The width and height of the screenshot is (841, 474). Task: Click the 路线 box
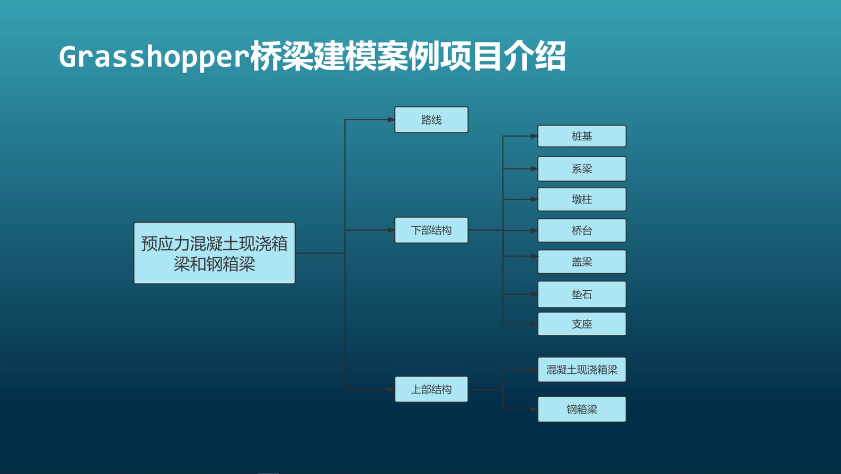[431, 120]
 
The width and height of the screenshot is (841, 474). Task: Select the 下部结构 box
[431, 230]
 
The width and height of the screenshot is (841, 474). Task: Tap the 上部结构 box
[431, 389]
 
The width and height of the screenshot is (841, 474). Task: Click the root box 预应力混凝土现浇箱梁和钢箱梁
[215, 253]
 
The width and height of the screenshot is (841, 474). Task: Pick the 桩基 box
[582, 136]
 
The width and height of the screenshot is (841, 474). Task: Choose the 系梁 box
[582, 169]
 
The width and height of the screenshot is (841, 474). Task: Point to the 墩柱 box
[582, 200]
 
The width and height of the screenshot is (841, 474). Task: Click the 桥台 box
[582, 230]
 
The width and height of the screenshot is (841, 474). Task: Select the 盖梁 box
[582, 262]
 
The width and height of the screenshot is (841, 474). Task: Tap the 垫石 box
[582, 294]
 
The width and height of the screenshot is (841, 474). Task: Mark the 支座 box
[582, 324]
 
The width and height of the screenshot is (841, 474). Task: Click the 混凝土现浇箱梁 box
[582, 370]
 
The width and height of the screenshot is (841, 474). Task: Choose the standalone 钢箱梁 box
[582, 409]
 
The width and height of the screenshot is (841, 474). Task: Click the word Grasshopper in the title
[154, 57]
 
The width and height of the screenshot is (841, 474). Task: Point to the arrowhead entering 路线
[391, 120]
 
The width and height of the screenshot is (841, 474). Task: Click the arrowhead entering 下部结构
[391, 230]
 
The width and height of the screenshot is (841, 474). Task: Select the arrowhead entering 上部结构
[391, 389]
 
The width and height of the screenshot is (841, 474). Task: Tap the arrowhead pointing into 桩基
[534, 136]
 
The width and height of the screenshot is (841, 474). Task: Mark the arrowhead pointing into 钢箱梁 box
[534, 409]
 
